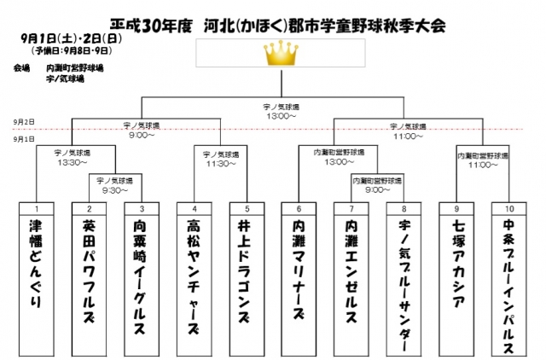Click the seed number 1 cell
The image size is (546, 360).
click(37, 208)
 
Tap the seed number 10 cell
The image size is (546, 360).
click(508, 208)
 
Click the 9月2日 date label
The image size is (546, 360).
click(24, 123)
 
